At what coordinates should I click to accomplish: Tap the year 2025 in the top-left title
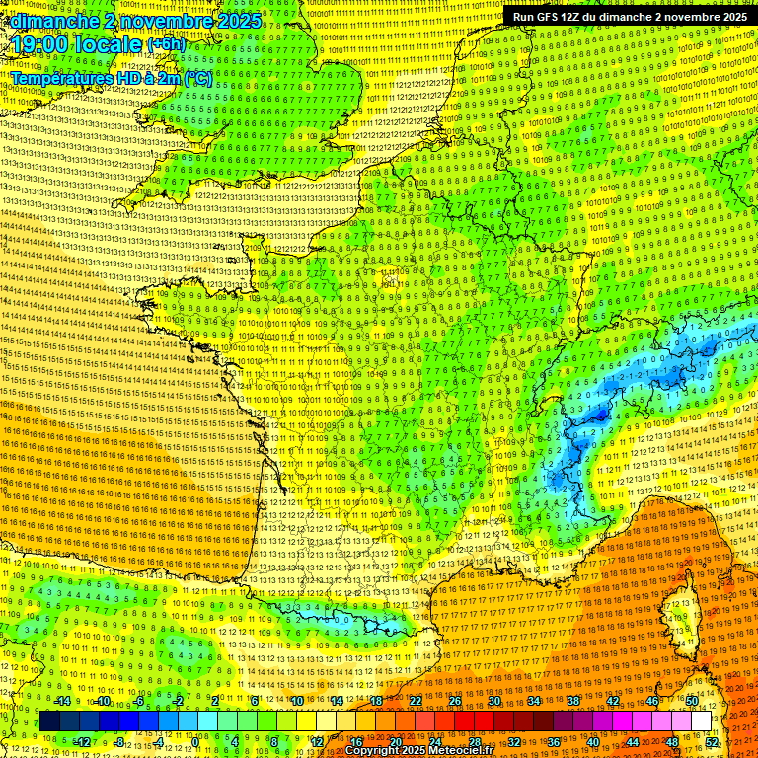[239, 21]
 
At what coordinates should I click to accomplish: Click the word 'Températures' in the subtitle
[57, 77]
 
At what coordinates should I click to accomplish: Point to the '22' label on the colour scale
[416, 701]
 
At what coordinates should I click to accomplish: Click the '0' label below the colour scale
[196, 742]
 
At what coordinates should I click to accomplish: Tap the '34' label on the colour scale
[534, 701]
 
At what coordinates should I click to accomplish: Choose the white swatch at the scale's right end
[701, 721]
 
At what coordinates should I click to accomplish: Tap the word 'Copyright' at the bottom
[373, 751]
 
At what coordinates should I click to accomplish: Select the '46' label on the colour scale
[652, 701]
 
